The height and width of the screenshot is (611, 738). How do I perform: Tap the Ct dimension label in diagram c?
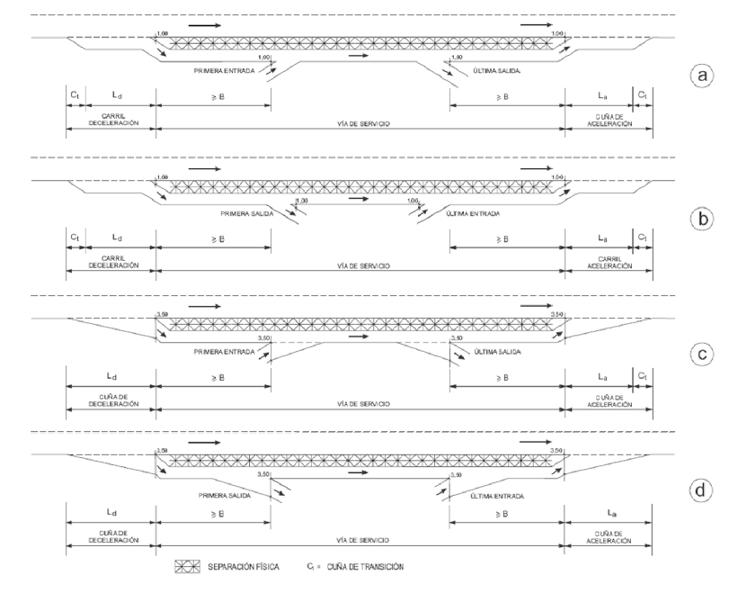pyautogui.click(x=642, y=373)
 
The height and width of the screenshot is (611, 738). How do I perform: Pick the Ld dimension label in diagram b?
pyautogui.click(x=111, y=236)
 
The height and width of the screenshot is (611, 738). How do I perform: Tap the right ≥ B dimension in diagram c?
pyautogui.click(x=508, y=374)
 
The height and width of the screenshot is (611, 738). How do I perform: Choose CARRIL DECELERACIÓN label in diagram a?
pyautogui.click(x=111, y=121)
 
